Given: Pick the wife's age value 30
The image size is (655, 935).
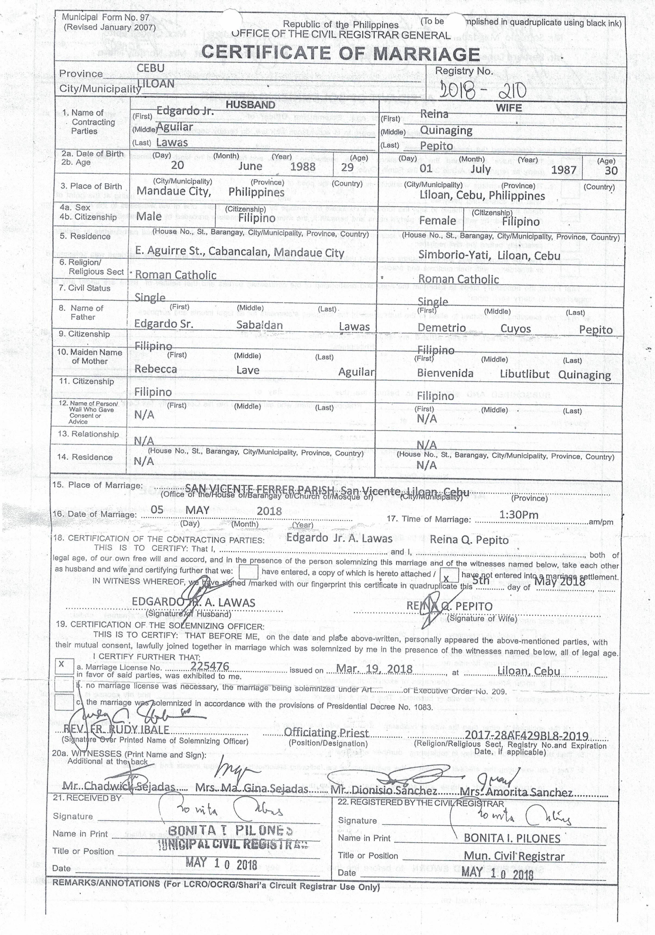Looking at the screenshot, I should coord(611,170).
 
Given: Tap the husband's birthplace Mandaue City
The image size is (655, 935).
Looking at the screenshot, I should coord(174,192).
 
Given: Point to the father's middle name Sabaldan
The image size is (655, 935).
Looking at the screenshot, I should coord(259,325).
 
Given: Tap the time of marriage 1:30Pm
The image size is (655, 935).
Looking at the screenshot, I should coord(519,515).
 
